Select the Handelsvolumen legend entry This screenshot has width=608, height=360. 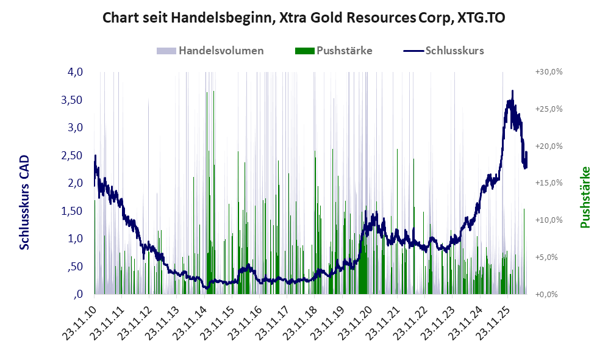[x=210, y=51]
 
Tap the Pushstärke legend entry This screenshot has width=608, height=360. [x=334, y=51]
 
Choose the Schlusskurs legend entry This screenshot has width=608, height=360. [x=443, y=51]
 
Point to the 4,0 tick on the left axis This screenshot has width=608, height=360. [x=75, y=72]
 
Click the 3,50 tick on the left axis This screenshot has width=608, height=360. [x=72, y=99]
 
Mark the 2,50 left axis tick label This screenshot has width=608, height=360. [x=72, y=155]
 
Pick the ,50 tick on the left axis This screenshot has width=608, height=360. [x=75, y=266]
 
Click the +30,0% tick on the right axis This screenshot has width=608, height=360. [x=549, y=72]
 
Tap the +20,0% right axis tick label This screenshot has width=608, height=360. [x=549, y=146]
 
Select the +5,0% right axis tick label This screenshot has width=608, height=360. [x=546, y=257]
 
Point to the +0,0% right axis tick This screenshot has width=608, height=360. [x=546, y=295]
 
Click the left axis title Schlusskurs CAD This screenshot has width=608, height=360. [x=24, y=202]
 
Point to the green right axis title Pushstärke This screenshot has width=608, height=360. [x=585, y=197]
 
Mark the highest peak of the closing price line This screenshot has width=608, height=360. [x=513, y=91]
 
